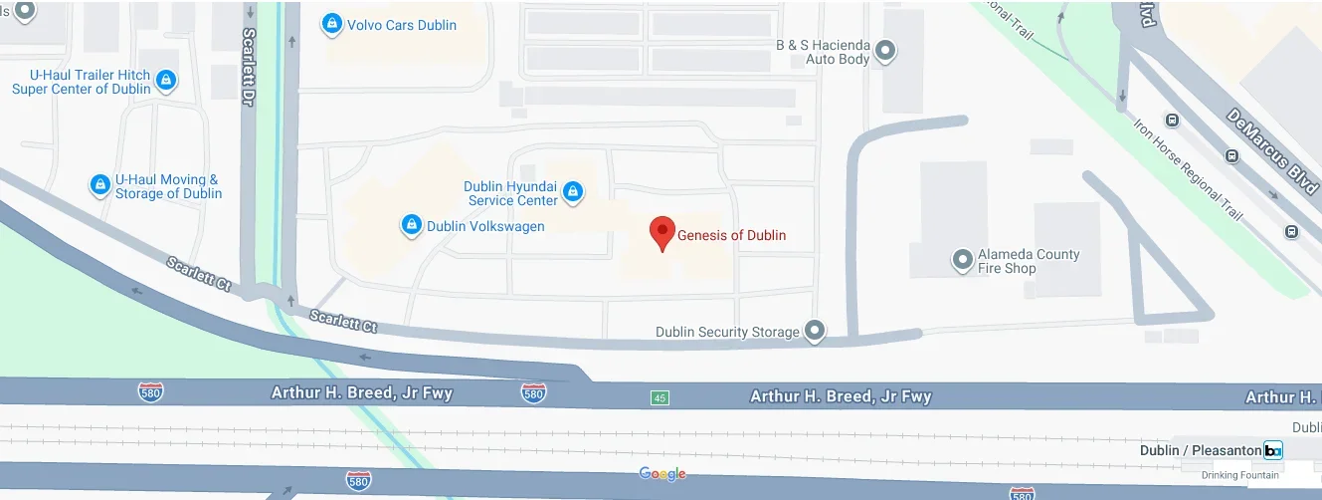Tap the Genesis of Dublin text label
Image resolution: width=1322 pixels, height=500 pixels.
(x=731, y=236)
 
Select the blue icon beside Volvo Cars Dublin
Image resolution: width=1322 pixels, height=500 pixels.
(x=332, y=25)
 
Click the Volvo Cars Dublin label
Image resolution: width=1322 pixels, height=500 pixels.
(x=401, y=25)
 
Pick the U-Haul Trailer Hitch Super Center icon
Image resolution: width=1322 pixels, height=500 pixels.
(x=166, y=81)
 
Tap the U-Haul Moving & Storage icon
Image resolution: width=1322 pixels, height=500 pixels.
(x=99, y=185)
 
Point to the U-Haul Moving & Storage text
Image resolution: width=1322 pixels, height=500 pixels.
(x=168, y=186)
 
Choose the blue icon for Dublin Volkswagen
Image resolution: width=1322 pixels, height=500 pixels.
(x=411, y=226)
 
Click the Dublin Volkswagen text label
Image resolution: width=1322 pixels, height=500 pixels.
(x=485, y=226)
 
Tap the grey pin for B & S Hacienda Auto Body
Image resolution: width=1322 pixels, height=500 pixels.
(x=885, y=51)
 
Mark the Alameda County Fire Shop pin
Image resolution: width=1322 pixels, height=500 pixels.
(x=962, y=260)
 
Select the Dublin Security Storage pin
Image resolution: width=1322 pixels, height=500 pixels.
(x=815, y=331)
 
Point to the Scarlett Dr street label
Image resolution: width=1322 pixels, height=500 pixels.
(x=249, y=68)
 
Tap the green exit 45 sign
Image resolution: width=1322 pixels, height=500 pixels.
(x=660, y=397)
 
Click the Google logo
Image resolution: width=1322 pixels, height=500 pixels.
(x=662, y=474)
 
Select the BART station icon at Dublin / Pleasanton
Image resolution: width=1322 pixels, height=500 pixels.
(x=1272, y=450)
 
